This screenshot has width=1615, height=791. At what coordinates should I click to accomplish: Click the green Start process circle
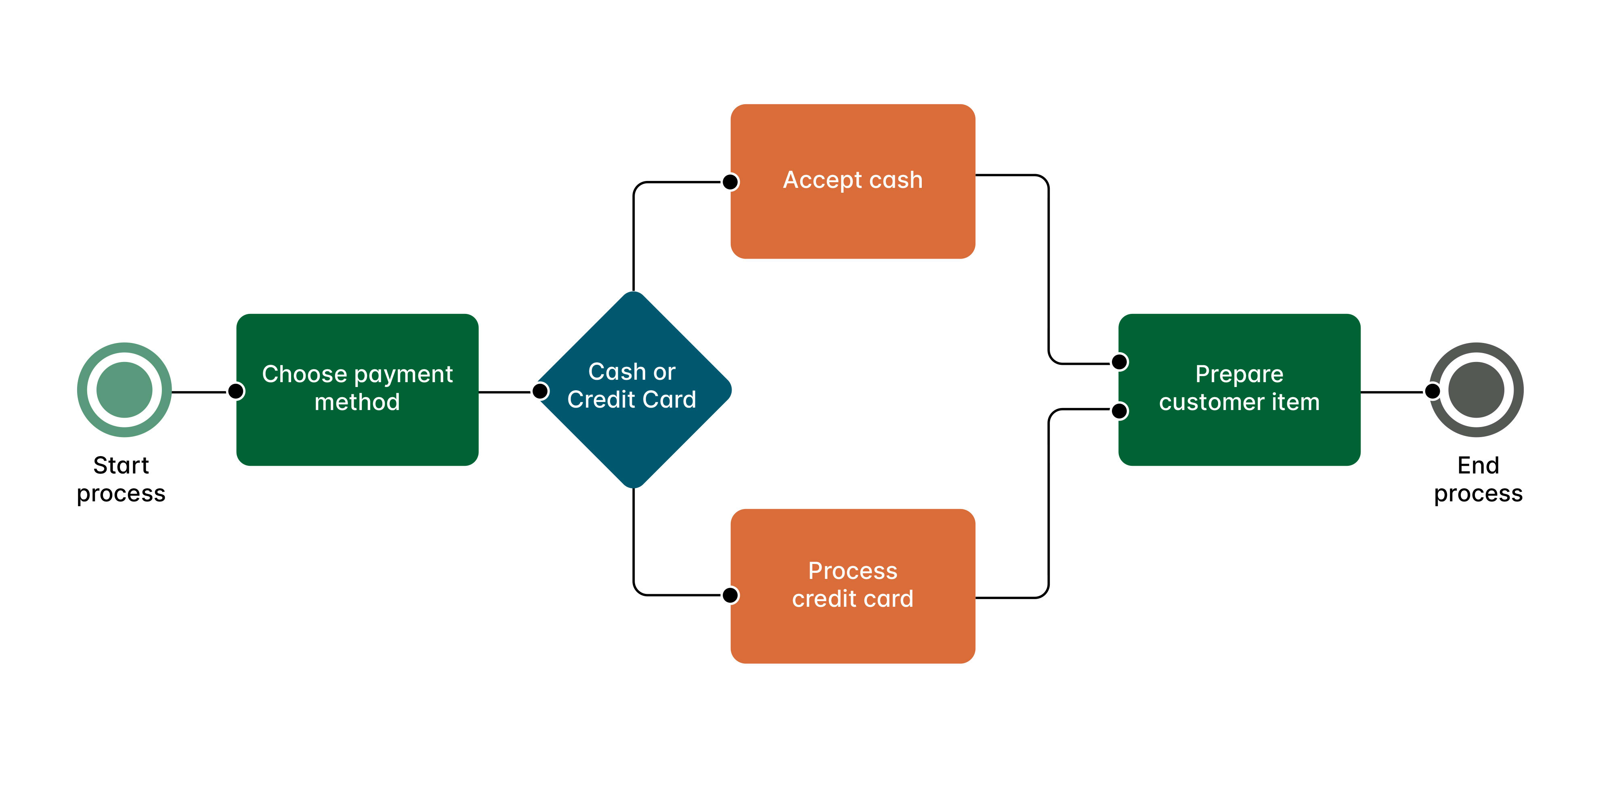click(124, 389)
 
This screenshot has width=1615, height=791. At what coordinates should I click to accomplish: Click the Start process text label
click(121, 479)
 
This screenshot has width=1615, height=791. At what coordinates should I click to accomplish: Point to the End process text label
click(1478, 479)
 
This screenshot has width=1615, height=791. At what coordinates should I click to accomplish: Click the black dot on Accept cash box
click(730, 182)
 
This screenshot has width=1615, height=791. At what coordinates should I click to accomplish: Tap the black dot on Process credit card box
click(730, 595)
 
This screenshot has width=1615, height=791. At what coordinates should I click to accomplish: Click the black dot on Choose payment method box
click(236, 391)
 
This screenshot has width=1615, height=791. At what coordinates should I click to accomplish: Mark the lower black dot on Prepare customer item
click(1120, 411)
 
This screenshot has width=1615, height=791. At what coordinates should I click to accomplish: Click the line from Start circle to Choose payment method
click(197, 392)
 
